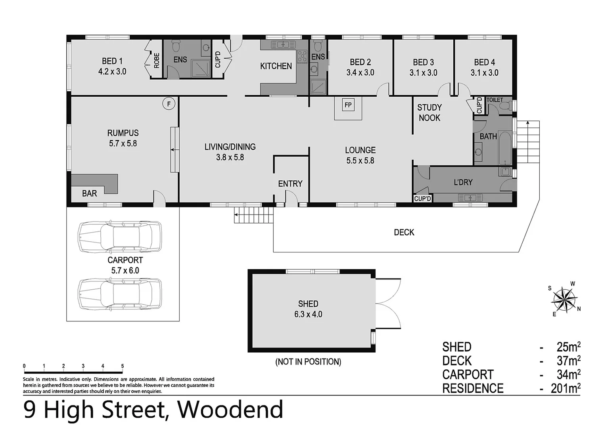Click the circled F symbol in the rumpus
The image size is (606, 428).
coord(169,104)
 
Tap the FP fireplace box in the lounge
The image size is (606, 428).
coord(348,105)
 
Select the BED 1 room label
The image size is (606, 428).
coord(112,61)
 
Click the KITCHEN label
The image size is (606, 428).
coord(276,66)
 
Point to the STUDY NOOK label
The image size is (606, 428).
coord(429,113)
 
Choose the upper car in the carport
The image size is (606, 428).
coord(120,237)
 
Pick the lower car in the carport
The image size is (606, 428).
coord(120,294)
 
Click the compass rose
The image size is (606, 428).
coord(564,299)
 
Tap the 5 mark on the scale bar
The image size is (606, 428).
coord(122,366)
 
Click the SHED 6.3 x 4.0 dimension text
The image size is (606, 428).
coord(308,314)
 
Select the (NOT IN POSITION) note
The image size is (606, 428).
coord(308,362)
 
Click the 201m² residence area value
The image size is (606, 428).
coord(565,388)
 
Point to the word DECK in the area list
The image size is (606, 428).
coord(457,361)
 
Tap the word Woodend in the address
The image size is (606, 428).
coord(230,410)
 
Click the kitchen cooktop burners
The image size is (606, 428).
coord(302,57)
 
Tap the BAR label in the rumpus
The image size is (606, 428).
coord(89,193)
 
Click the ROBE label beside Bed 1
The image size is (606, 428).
coord(157,61)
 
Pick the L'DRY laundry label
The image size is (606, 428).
coord(463,182)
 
